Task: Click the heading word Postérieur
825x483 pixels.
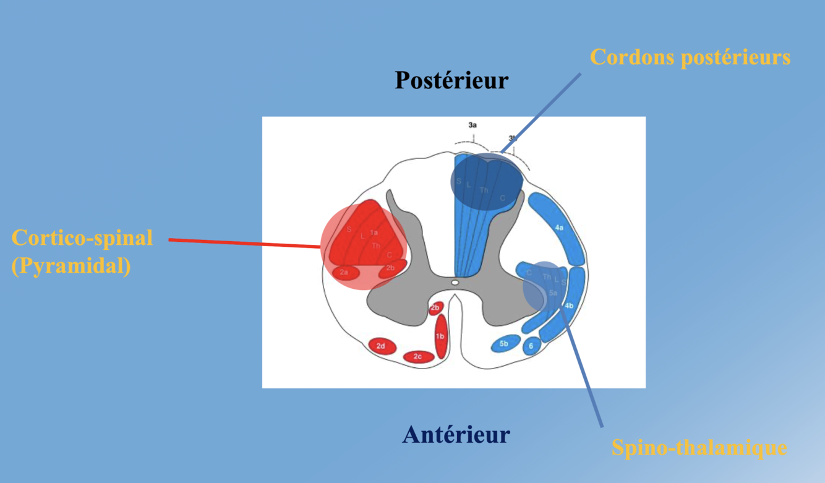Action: pos(451,80)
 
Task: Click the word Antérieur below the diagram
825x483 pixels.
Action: pos(456,434)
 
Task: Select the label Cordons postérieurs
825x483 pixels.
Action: pos(690,58)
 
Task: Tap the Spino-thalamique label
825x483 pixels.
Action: pos(699,447)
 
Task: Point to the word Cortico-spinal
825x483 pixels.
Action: pos(82,237)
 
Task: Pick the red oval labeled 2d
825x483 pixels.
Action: pos(381,346)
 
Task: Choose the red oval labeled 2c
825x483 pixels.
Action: pos(418,356)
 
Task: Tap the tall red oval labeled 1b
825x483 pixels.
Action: pos(440,336)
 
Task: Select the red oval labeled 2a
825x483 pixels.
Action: pos(344,271)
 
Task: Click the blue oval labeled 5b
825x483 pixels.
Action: pos(504,343)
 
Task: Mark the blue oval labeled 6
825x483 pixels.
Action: pos(531,346)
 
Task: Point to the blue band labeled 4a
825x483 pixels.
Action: pos(559,228)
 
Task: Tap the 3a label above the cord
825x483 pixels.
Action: pos(472,125)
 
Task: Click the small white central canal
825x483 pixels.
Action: pos(455,283)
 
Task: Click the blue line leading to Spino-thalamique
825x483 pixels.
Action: pos(584,371)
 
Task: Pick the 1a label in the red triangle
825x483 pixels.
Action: pos(374,233)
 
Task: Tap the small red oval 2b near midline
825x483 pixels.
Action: pos(435,307)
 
